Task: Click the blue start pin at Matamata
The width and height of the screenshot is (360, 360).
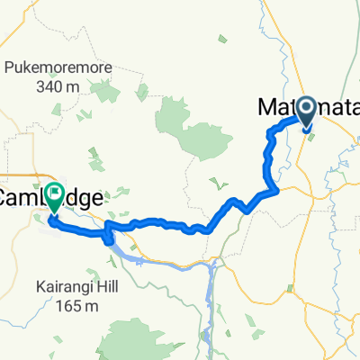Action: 307,112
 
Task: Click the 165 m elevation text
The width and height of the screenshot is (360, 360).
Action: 75,307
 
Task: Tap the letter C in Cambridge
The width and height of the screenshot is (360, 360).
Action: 9,194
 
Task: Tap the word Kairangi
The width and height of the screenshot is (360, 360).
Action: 61,290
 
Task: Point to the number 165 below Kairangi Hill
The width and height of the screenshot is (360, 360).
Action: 64,307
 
